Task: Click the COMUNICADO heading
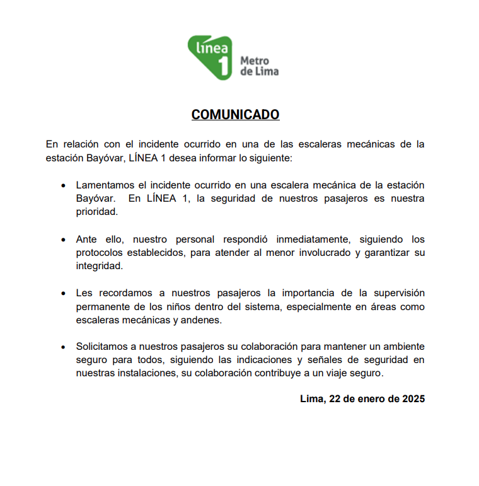(x=235, y=115)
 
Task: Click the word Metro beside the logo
(x=255, y=61)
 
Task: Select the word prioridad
(x=96, y=212)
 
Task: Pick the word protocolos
(x=100, y=253)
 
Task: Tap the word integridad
(x=98, y=267)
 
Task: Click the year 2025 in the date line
(x=412, y=399)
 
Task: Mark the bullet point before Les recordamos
(x=63, y=294)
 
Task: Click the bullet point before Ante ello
(x=63, y=240)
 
